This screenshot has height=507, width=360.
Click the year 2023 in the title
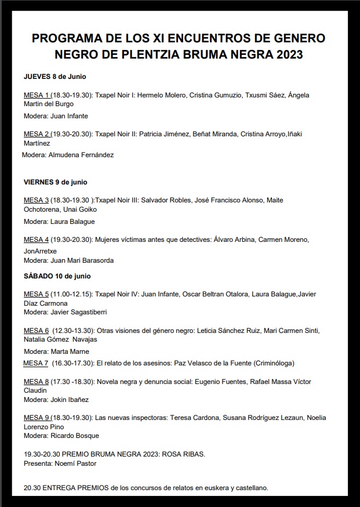(286, 56)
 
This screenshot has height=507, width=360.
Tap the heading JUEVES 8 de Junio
(55, 77)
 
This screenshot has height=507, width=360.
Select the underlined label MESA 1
(36, 95)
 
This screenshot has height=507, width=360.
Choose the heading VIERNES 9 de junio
(56, 182)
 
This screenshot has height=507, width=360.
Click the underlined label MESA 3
(36, 200)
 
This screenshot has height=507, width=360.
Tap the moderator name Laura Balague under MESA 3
(72, 222)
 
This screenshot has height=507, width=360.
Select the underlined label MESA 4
(36, 240)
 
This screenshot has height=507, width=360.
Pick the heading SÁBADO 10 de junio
(57, 276)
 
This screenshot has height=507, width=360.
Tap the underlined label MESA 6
(36, 331)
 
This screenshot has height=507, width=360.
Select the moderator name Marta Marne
(70, 352)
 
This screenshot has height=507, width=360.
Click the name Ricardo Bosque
(75, 436)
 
